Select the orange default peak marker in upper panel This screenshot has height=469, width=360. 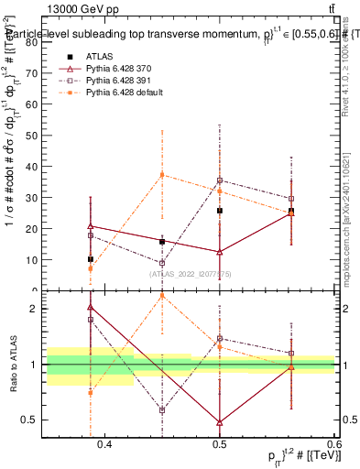[x=162, y=174]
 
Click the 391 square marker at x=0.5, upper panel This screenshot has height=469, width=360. [x=220, y=180]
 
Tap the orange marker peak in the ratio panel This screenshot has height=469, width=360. [x=162, y=295]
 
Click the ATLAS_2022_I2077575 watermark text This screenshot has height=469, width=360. [x=191, y=273]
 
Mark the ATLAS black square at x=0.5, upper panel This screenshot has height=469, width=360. [x=220, y=211]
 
